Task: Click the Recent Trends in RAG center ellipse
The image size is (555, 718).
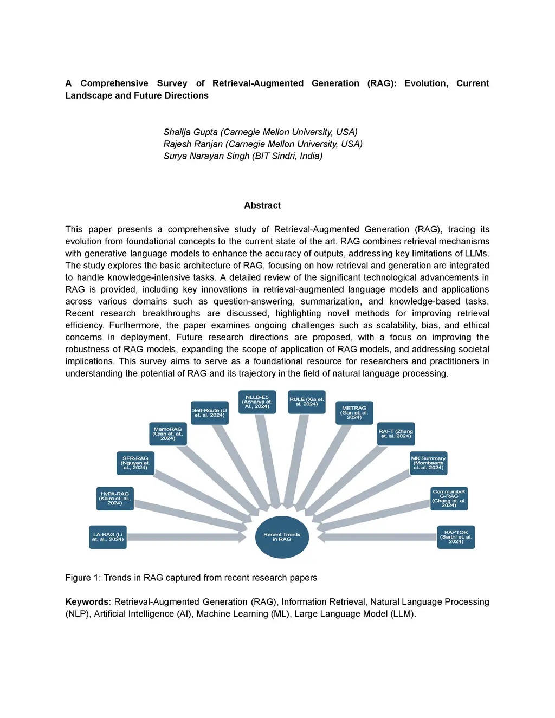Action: [282, 537]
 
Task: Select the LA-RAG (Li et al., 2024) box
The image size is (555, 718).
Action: [108, 537]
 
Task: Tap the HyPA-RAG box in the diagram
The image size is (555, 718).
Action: [115, 499]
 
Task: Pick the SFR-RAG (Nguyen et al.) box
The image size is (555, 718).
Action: [135, 463]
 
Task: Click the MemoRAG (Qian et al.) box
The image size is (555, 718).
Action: [168, 434]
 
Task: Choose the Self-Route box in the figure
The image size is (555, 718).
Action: [210, 413]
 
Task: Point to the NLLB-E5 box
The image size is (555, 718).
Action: [257, 402]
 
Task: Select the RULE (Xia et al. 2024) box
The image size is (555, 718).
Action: [307, 402]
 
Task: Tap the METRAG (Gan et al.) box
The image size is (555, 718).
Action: [354, 413]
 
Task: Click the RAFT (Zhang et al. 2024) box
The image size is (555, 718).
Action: [396, 434]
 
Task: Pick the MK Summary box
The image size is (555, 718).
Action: [428, 463]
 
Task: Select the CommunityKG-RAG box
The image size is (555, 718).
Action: [449, 499]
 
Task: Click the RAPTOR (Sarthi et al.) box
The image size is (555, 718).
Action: [456, 537]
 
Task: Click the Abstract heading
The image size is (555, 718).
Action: [262, 205]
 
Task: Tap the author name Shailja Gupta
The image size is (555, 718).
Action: [191, 132]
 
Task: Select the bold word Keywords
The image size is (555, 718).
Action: [87, 602]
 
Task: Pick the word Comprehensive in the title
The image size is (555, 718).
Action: [114, 83]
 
